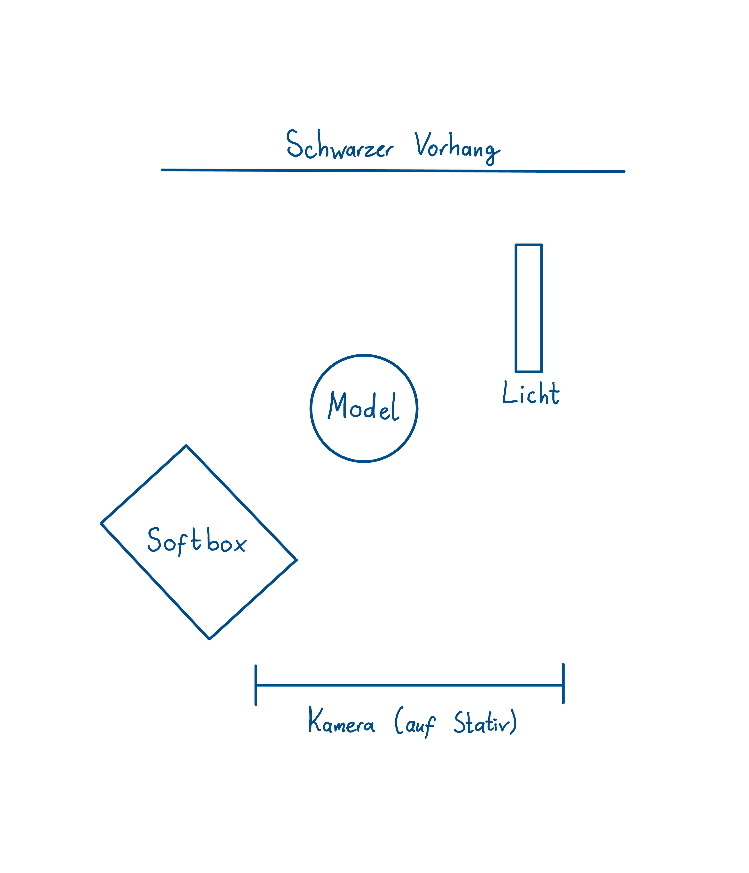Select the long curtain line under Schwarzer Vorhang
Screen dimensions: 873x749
tap(392, 171)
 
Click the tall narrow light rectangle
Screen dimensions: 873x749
tap(528, 308)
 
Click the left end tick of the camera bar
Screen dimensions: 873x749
tap(256, 686)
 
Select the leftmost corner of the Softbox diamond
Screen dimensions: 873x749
tap(102, 523)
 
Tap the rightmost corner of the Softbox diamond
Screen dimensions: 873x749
tap(296, 560)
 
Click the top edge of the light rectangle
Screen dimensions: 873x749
tap(528, 245)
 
